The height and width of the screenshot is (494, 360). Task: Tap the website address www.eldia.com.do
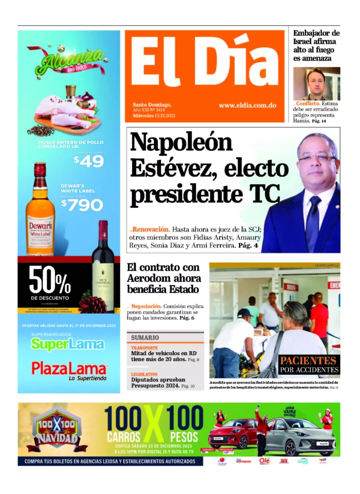pos(247,105)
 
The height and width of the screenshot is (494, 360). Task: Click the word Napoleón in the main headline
pos(181,143)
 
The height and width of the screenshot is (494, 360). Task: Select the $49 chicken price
pos(89,161)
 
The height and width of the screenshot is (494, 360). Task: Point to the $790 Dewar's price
pos(82,205)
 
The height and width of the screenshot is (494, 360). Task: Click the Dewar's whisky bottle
pos(40,209)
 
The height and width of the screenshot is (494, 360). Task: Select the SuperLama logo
pos(68,344)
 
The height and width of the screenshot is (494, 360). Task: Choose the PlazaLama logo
pos(69,369)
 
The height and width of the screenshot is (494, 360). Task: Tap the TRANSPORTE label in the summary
pos(144,348)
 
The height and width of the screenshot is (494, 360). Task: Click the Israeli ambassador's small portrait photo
pos(316,83)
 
